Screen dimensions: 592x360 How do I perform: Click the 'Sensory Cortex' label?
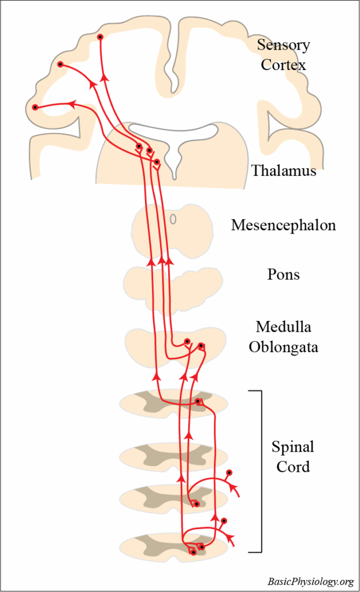click(283, 54)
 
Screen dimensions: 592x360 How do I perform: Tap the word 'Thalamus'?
click(284, 171)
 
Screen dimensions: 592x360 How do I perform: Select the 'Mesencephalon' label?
click(283, 225)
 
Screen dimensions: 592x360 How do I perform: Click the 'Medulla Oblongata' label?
click(283, 337)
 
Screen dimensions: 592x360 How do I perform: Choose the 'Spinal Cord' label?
click(293, 456)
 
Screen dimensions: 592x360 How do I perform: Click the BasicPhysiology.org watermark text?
click(310, 581)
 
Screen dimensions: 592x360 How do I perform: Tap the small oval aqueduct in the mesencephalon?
click(173, 220)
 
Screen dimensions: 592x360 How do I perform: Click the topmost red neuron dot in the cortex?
click(101, 37)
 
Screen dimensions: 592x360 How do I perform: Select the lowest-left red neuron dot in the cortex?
click(35, 107)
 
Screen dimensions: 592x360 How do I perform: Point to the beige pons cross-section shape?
click(139, 282)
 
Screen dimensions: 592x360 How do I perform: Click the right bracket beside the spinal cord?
click(260, 471)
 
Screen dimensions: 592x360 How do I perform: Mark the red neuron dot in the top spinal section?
click(198, 401)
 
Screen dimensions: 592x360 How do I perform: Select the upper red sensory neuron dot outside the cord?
click(229, 472)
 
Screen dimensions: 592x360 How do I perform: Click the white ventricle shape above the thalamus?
click(173, 132)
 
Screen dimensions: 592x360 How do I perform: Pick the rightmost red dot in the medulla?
click(201, 346)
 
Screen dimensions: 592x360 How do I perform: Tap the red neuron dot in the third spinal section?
click(197, 504)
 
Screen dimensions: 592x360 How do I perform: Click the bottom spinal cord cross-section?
click(139, 546)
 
